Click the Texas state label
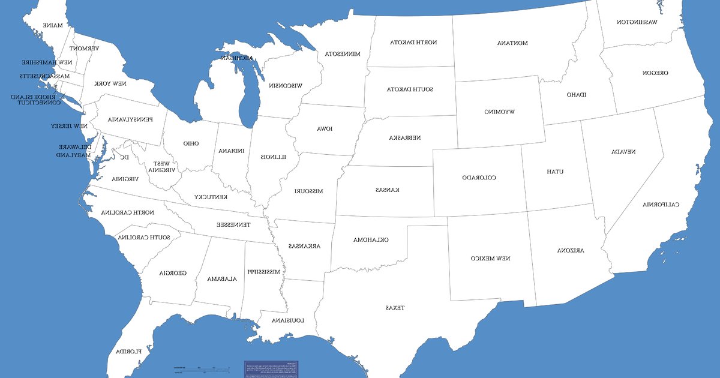[x=395, y=308]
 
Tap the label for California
[x=661, y=205]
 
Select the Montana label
[x=512, y=43]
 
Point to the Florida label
[x=129, y=351]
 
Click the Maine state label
[x=52, y=25]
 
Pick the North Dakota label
[x=413, y=43]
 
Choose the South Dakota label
[x=409, y=89]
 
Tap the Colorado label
[x=479, y=178]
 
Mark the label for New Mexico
[x=490, y=258]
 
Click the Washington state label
[x=637, y=22]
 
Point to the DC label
[x=124, y=157]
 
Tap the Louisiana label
[x=288, y=320]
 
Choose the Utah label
[x=555, y=172]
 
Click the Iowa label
[x=325, y=129]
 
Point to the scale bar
[x=202, y=368]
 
